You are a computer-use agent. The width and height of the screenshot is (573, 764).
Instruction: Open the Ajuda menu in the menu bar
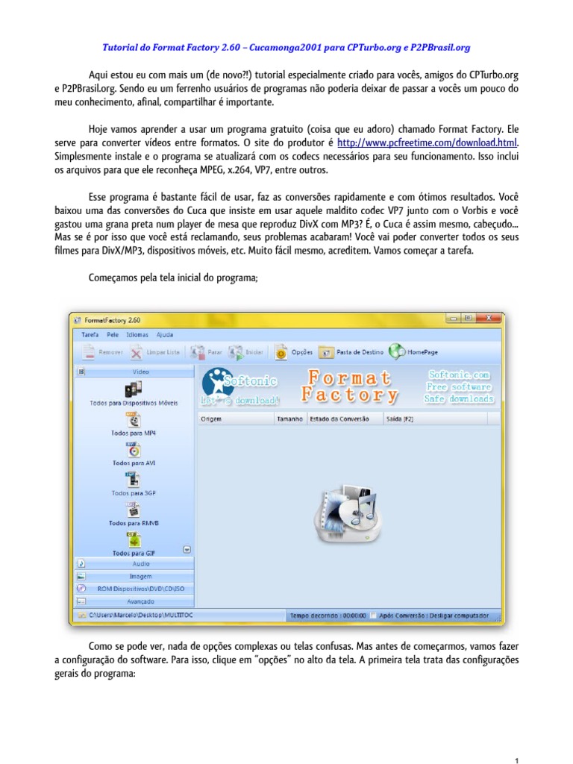pos(164,335)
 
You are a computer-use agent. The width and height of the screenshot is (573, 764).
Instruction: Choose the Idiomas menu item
pos(137,335)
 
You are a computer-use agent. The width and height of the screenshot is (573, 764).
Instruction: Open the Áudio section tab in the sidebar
pos(140,564)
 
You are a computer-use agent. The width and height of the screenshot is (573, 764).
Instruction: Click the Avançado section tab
pos(140,601)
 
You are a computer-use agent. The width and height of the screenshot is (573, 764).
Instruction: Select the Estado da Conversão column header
pos(339,419)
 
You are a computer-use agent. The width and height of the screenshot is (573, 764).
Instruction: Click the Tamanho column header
pos(289,419)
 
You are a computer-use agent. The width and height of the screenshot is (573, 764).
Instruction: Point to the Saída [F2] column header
pos(399,419)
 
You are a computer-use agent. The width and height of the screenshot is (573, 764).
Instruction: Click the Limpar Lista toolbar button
pos(156,352)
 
